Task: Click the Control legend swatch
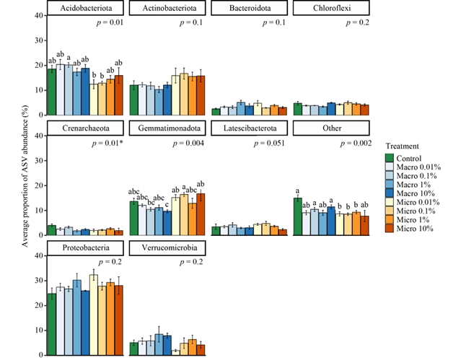[x=390, y=157]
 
